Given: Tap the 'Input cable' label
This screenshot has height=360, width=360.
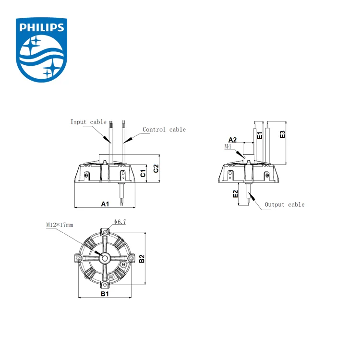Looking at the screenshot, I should (x=88, y=122).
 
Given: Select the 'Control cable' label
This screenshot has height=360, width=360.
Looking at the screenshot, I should (x=164, y=130).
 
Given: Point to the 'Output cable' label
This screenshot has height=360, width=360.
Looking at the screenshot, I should (x=284, y=204).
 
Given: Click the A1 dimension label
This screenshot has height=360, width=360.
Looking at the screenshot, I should (x=105, y=204).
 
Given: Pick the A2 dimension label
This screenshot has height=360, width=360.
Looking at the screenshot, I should (x=232, y=140).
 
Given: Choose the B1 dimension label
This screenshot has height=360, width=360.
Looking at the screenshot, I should (x=105, y=293).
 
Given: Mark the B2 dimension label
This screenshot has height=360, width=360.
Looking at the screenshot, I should (x=142, y=259).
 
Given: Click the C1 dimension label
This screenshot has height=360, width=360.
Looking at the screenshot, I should (x=143, y=173).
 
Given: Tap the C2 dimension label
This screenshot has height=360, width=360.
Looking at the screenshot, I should (x=155, y=168).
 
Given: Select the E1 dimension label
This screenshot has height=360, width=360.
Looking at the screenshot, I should (x=259, y=135).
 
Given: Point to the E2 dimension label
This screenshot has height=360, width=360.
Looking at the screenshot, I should (x=235, y=194).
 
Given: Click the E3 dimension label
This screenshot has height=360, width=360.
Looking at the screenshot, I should (x=283, y=134).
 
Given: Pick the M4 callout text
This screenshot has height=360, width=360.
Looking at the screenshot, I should (x=228, y=146).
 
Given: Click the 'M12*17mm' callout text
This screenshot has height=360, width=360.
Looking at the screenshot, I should (x=60, y=225).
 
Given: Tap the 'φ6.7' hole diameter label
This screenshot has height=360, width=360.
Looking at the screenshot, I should (x=120, y=221).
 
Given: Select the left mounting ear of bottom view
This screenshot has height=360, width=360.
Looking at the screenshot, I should (x=78, y=259).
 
